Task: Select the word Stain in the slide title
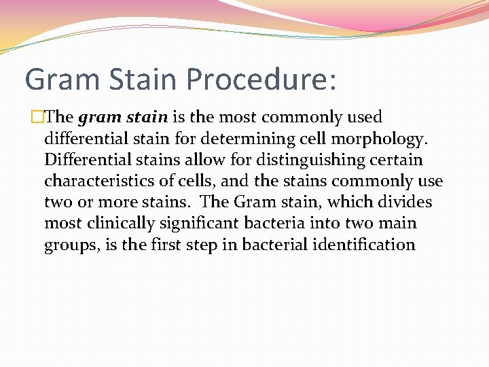(x=147, y=80)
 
